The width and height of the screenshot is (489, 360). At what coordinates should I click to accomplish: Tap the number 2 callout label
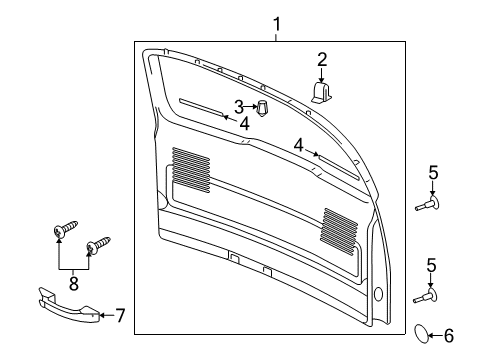(x=322, y=58)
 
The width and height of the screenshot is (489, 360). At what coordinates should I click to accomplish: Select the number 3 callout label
(x=238, y=107)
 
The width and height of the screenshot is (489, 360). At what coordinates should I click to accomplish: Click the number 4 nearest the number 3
(x=244, y=124)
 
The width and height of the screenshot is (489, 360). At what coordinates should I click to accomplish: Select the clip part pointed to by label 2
(x=323, y=93)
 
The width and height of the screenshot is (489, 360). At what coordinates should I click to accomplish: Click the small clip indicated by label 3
(x=262, y=107)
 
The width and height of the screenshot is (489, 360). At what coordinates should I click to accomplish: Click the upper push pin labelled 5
(x=429, y=204)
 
